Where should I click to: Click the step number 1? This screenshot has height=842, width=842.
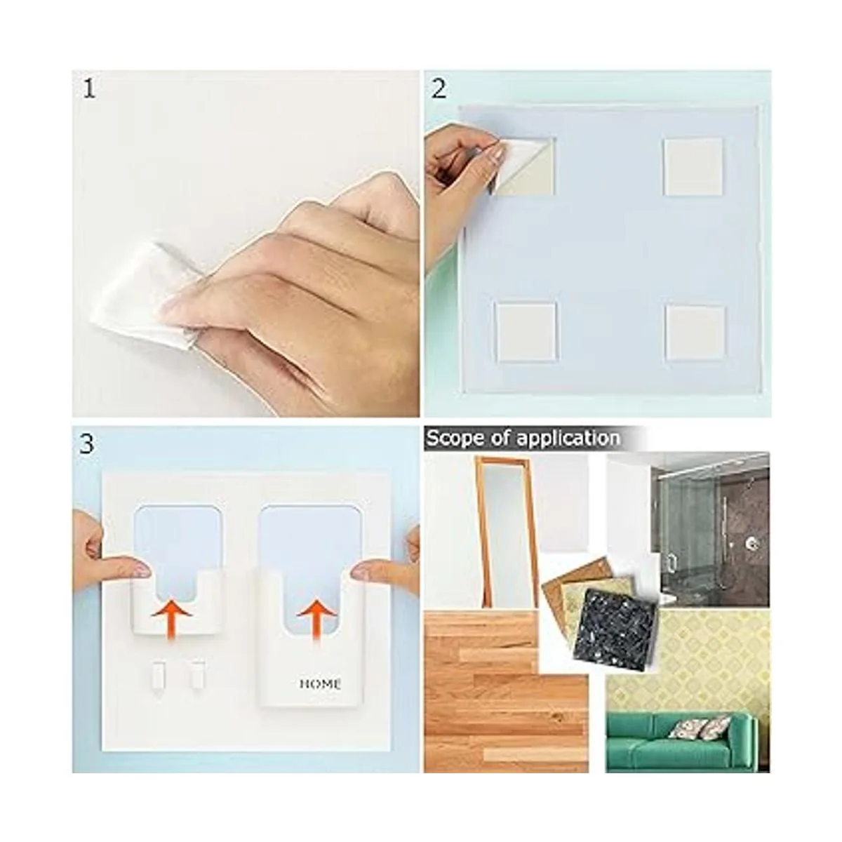click(x=89, y=89)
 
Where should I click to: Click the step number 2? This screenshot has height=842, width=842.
click(x=439, y=89)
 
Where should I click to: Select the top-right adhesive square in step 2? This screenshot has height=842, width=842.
click(x=693, y=166)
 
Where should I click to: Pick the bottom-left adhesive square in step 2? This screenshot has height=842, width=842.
click(x=526, y=332)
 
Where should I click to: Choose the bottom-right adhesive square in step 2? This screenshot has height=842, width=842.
click(x=695, y=332)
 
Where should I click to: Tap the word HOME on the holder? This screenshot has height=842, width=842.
click(x=321, y=684)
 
